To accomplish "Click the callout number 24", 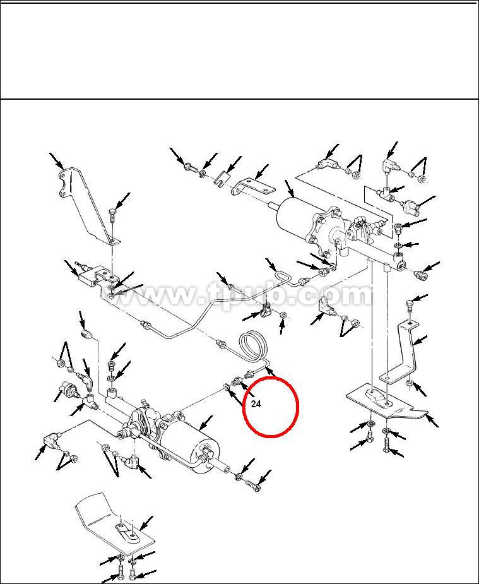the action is [x=256, y=403].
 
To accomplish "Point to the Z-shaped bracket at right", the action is [x=402, y=354].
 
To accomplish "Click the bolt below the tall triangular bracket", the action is [x=113, y=216].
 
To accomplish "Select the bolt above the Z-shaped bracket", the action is [x=410, y=307].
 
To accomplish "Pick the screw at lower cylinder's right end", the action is [x=252, y=486].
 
